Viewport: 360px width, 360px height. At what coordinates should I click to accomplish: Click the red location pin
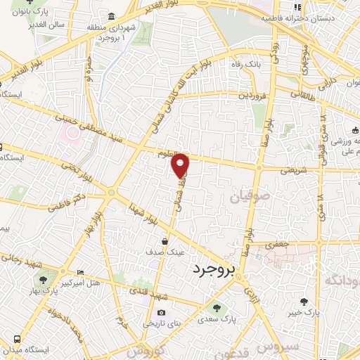(x=181, y=165)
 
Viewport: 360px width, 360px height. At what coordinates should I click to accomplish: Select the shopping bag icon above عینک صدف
(x=165, y=241)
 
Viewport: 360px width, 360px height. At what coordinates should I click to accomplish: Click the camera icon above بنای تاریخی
(x=162, y=313)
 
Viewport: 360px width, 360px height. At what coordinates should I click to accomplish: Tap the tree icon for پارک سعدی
(x=216, y=307)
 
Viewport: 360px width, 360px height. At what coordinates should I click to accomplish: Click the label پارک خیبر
(x=307, y=310)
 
